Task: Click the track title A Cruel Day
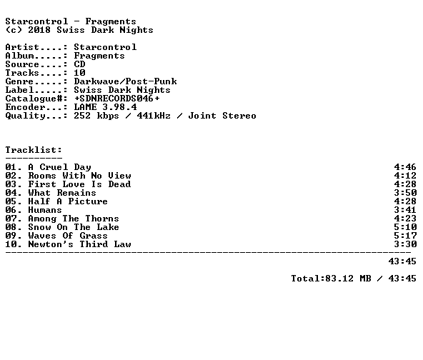pyautogui.click(x=59, y=167)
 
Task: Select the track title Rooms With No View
pyautogui.click(x=79, y=176)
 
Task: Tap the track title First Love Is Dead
pyautogui.click(x=79, y=184)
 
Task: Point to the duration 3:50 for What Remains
pyautogui.click(x=405, y=193)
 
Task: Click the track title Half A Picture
pyautogui.click(x=68, y=201)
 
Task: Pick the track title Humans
pyautogui.click(x=45, y=210)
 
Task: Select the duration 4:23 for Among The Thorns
pyautogui.click(x=405, y=219)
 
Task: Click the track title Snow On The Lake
pyautogui.click(x=74, y=227)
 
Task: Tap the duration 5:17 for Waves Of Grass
pyautogui.click(x=405, y=236)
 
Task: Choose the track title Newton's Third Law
pyautogui.click(x=79, y=244)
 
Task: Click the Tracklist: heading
pyautogui.click(x=34, y=150)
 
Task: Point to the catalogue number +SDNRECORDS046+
pyautogui.click(x=116, y=99)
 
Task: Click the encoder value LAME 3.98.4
pyautogui.click(x=106, y=107)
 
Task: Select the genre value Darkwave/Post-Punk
pyautogui.click(x=126, y=81)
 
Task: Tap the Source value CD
pyautogui.click(x=79, y=64)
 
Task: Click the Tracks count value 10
pyautogui.click(x=79, y=73)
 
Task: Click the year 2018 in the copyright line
pyautogui.click(x=39, y=30)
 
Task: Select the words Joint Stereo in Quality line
pyautogui.click(x=222, y=116)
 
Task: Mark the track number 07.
pyautogui.click(x=11, y=219)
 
